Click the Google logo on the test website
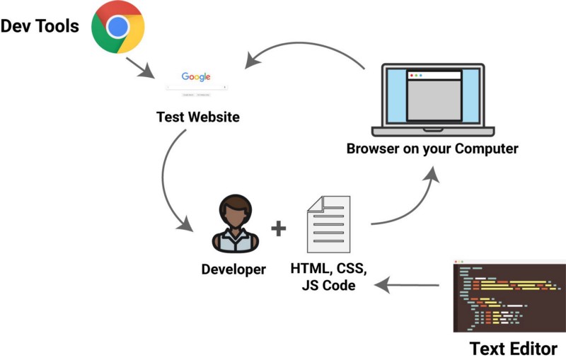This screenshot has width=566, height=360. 196,76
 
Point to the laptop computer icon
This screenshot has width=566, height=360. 433,99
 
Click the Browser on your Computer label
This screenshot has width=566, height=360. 432,149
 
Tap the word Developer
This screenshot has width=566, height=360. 233,269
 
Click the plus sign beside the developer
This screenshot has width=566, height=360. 279,228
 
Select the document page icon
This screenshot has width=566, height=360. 328,224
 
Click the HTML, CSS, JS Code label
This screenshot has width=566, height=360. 328,277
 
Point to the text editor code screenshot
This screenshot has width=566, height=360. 509,296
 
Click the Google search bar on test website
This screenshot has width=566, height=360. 196,87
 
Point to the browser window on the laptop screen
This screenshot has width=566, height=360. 433,95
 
